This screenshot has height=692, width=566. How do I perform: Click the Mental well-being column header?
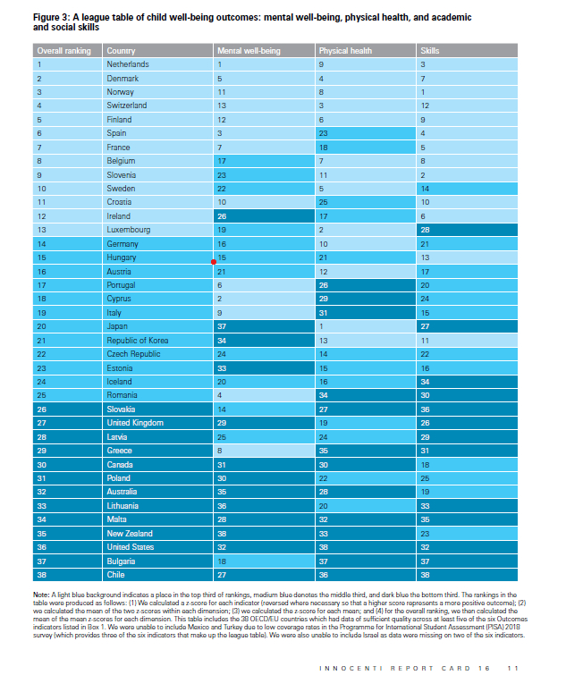tap(249, 51)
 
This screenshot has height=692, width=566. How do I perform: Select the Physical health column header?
tap(344, 51)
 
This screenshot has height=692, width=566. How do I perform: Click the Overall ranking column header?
tap(64, 51)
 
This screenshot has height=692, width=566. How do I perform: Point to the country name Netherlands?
tap(128, 64)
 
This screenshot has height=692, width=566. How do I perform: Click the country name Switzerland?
tap(127, 105)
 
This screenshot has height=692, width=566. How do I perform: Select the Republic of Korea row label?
tap(139, 340)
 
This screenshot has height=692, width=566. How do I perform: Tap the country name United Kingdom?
tap(133, 423)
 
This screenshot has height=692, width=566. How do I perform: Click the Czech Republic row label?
tap(133, 354)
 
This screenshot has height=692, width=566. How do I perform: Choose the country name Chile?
tap(116, 575)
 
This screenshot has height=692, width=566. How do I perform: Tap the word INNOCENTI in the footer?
tap(351, 668)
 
